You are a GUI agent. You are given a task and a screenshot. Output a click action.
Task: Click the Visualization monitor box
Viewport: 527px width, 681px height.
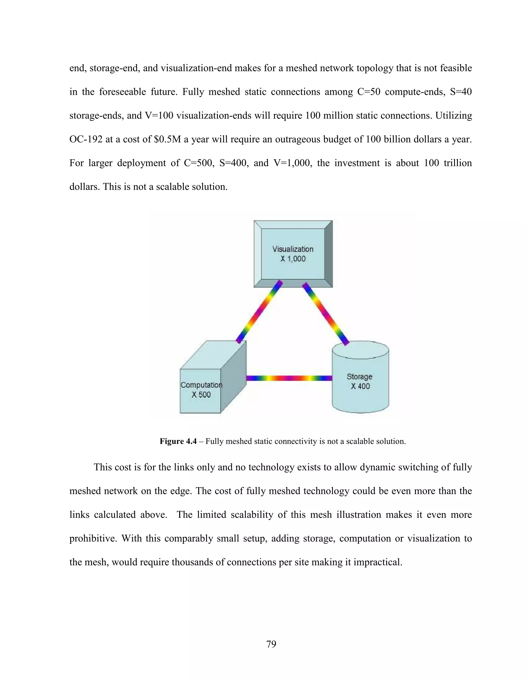tap(293, 253)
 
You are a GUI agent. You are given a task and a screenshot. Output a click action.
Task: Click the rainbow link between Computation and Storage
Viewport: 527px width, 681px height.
tap(289, 378)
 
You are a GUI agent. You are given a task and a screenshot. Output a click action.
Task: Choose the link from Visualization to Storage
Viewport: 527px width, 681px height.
tap(326, 314)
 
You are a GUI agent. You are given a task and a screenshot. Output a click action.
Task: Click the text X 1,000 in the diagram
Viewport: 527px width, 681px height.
tap(293, 259)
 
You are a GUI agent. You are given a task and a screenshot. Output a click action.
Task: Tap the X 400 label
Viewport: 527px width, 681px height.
tap(360, 386)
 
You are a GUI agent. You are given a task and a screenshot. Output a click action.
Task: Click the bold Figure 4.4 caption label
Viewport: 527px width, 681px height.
tap(178, 441)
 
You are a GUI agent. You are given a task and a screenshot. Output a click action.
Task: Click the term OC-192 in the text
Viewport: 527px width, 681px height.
tap(86, 139)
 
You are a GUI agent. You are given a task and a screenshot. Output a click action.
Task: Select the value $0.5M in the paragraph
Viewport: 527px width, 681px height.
tap(167, 139)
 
